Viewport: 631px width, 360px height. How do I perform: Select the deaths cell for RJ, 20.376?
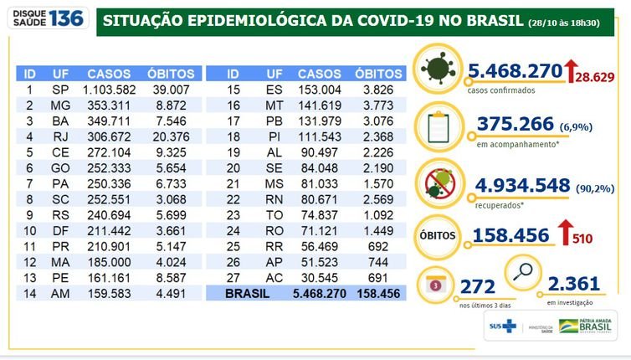point(175,134)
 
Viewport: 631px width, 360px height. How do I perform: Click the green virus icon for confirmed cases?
point(436,69)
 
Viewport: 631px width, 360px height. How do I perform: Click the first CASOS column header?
point(108,74)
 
